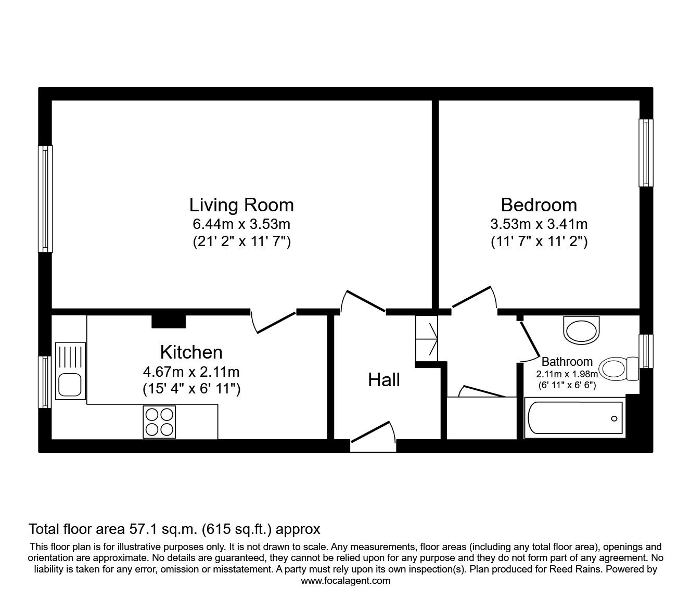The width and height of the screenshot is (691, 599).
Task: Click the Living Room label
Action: click(241, 205)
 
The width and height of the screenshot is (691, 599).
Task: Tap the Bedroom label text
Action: click(539, 205)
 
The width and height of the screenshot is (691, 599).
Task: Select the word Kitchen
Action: click(191, 352)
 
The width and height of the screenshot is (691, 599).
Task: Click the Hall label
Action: click(384, 380)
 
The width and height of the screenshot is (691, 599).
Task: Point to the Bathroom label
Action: click(567, 361)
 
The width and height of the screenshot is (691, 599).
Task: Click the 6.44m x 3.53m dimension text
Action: click(241, 224)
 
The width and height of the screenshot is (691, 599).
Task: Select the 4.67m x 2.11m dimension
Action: click(191, 372)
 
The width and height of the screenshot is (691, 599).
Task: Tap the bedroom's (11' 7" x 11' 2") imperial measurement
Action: click(539, 241)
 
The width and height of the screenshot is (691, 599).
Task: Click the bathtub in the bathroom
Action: click(574, 418)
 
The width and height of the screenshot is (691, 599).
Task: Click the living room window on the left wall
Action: click(46, 199)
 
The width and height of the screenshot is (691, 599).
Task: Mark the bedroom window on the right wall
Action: click(646, 153)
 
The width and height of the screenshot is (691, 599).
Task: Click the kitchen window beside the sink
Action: click(46, 381)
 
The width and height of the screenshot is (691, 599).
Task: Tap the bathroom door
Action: click(530, 341)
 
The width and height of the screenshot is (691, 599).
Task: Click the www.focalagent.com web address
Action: click(345, 581)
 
